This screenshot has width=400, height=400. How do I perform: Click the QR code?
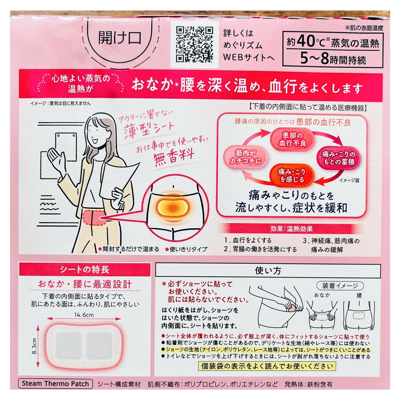pyautogui.click(x=194, y=45)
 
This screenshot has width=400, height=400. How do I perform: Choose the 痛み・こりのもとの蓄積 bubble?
pyautogui.click(x=338, y=158)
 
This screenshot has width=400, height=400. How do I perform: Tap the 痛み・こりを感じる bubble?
pyautogui.click(x=291, y=175)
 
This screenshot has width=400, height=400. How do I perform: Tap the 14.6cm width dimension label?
pyautogui.click(x=84, y=315)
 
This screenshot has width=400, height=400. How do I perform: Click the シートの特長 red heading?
pyautogui.click(x=85, y=270)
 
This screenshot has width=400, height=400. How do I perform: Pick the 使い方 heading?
pyautogui.click(x=268, y=271)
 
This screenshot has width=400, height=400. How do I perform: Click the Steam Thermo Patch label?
pyautogui.click(x=55, y=384)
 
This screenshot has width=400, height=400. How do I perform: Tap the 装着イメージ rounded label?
pyautogui.click(x=340, y=286)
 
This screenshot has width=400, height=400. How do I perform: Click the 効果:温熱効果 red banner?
pyautogui.click(x=291, y=229)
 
